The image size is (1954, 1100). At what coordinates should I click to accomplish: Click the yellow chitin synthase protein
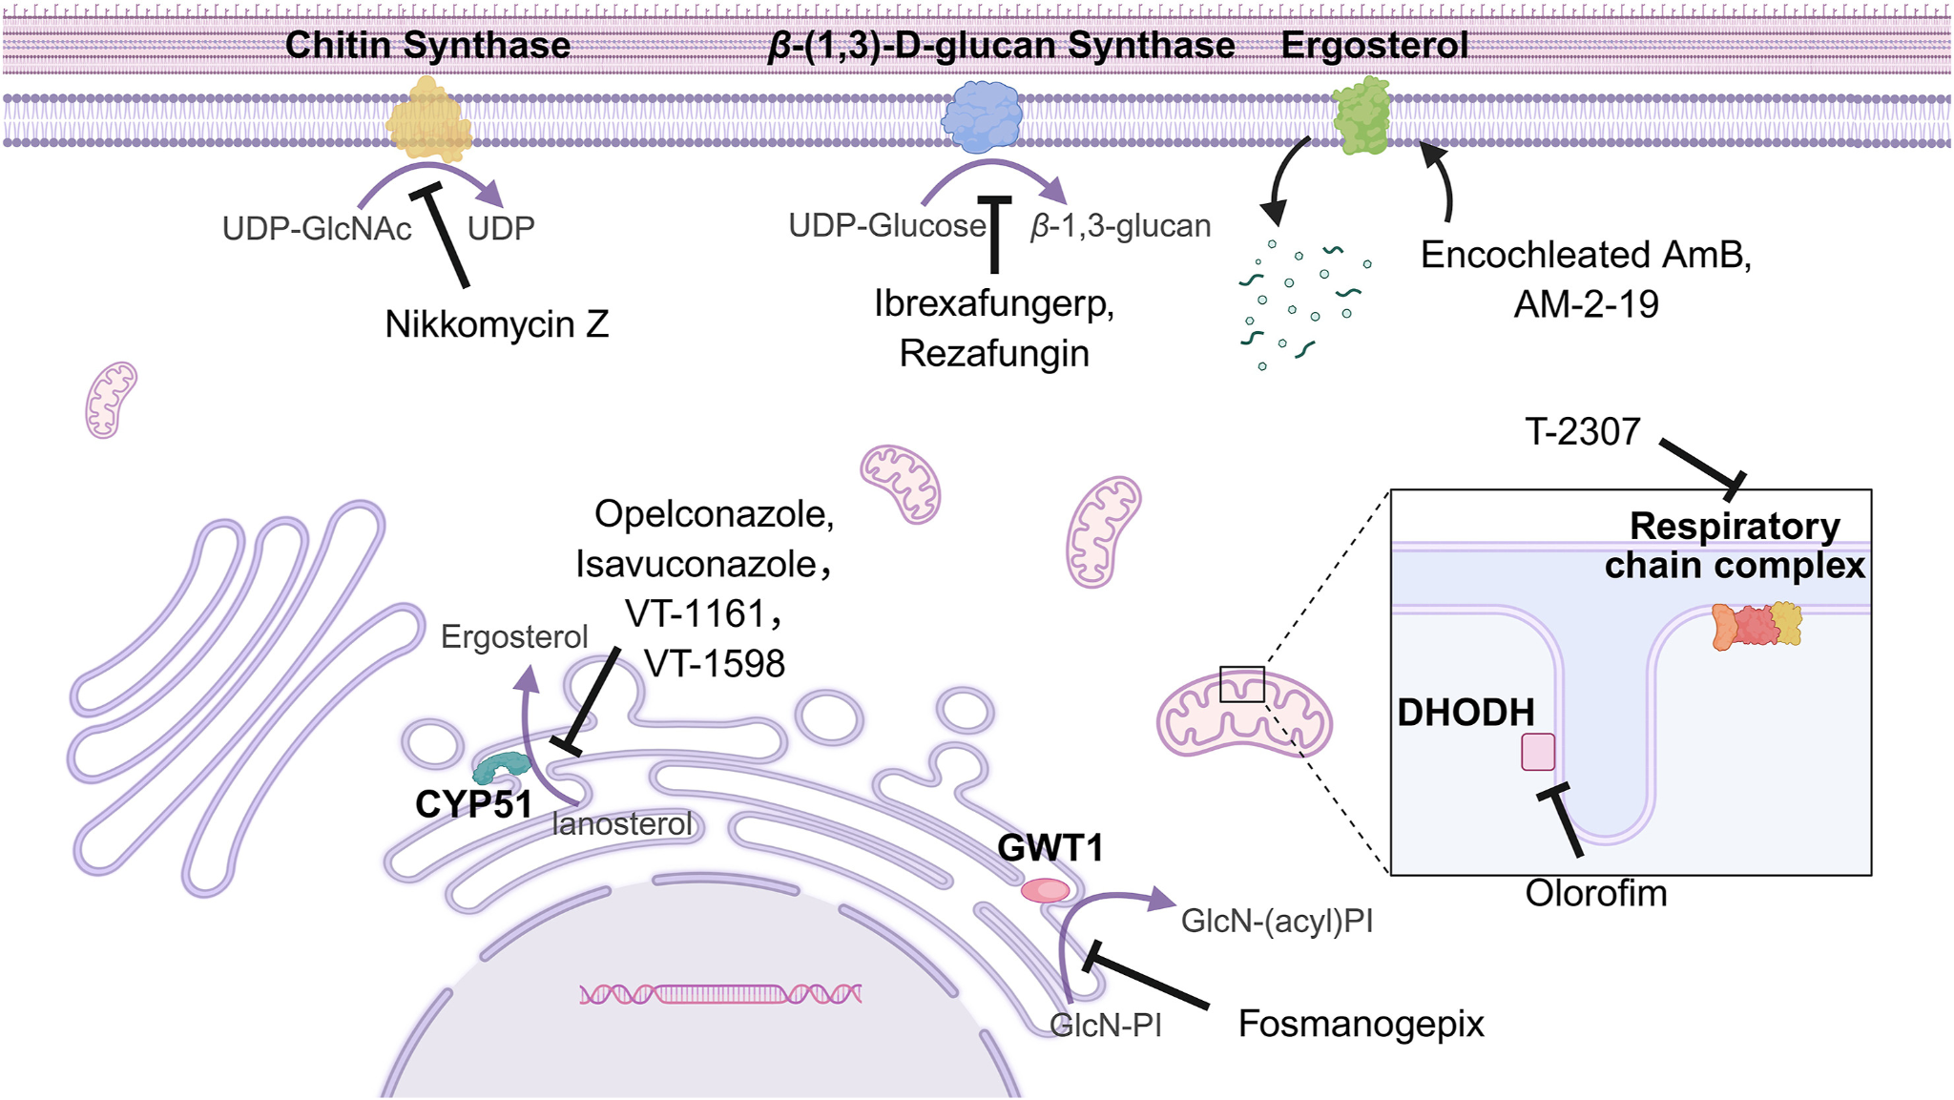[428, 119]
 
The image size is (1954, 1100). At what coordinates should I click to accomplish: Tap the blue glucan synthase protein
[982, 117]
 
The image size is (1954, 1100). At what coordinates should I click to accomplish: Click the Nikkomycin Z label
[496, 324]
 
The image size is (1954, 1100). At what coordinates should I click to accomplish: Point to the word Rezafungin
[994, 354]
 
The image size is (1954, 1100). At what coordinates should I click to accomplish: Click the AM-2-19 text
[1586, 304]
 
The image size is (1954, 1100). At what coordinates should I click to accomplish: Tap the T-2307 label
[1583, 432]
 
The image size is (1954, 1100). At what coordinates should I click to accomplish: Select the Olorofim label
[1596, 894]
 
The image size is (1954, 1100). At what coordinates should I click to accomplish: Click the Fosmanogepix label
[1361, 1024]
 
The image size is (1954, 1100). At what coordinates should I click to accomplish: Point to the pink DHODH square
[1538, 752]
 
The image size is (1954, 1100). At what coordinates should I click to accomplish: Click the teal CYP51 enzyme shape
[502, 766]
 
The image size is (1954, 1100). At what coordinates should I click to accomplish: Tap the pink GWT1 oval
[1046, 890]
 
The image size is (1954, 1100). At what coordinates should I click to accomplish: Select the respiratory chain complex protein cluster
[1757, 626]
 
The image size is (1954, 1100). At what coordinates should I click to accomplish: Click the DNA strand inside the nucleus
[720, 995]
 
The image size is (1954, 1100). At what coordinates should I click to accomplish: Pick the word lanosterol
[622, 824]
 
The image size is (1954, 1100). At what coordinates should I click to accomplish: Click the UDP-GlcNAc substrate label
[317, 229]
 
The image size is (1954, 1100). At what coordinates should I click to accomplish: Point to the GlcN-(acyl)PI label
[1277, 921]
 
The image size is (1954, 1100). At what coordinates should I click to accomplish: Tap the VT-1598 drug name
[715, 664]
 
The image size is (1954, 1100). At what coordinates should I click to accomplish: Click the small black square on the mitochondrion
[1242, 684]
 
